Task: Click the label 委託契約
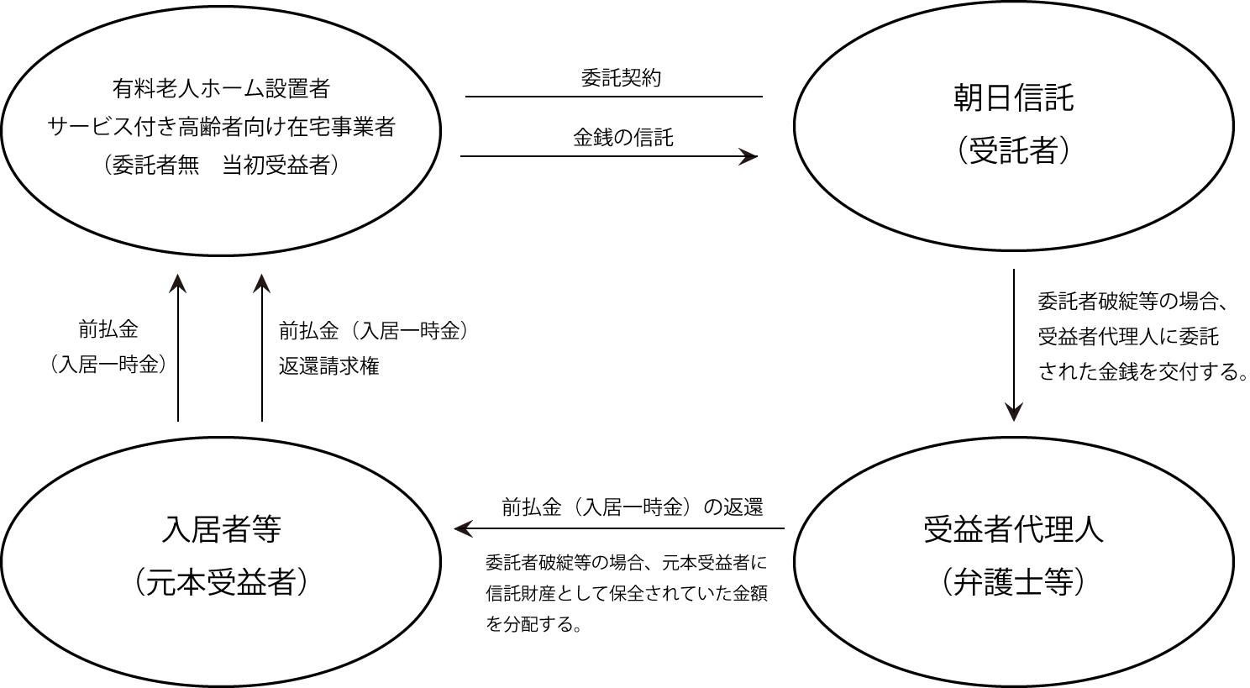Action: tap(621, 78)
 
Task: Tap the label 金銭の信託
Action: tap(622, 138)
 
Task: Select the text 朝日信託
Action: tap(1013, 98)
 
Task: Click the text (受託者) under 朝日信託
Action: tap(1013, 150)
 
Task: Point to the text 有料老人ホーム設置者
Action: tap(222, 89)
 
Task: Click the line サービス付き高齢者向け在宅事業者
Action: tap(222, 127)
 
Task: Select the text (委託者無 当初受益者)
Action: tap(222, 165)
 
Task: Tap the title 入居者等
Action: tap(222, 529)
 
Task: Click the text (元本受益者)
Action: tap(222, 582)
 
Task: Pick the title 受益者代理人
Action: tap(1013, 529)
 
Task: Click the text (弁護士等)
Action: tap(1013, 582)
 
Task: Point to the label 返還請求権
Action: tap(329, 366)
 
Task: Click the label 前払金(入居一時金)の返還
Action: tap(633, 507)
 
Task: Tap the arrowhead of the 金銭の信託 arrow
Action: tap(748, 156)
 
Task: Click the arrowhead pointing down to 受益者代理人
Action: tap(1013, 412)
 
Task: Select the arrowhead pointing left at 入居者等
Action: tap(463, 528)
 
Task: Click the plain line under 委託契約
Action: tap(614, 97)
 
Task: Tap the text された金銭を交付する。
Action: tap(1142, 372)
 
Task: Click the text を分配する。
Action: tap(534, 624)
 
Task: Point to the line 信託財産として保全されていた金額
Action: tap(627, 593)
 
